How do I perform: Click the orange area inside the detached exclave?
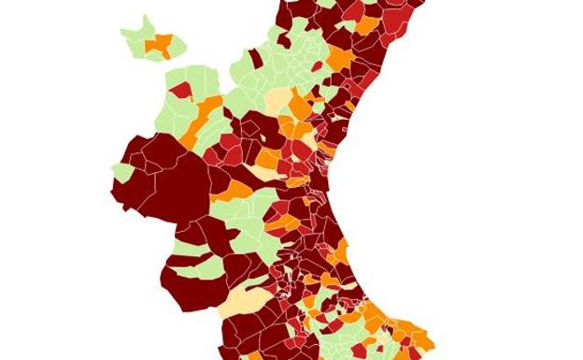tap(161, 44)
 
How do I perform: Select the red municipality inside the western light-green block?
tap(180, 91)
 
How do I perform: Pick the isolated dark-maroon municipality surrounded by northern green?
tap(255, 59)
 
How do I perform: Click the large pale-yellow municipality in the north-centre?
tap(278, 101)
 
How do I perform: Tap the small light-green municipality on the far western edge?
tap(121, 173)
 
